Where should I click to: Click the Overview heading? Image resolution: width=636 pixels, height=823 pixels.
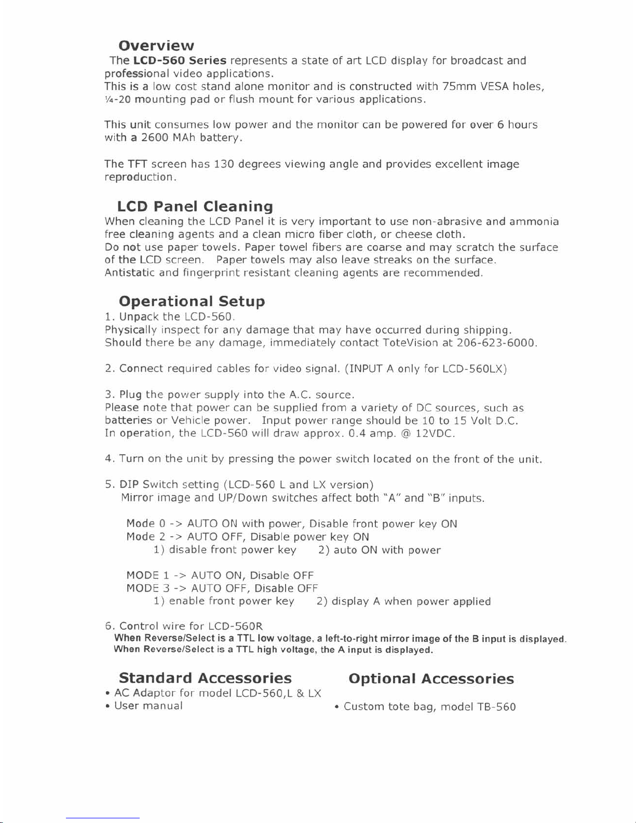[x=156, y=46]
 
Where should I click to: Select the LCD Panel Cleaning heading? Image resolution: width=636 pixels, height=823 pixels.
[x=195, y=207]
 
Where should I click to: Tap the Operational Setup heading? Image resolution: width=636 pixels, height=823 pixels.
[x=192, y=301]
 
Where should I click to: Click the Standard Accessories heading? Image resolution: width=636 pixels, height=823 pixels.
[x=205, y=678]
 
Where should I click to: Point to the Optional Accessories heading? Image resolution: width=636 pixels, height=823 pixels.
[x=431, y=679]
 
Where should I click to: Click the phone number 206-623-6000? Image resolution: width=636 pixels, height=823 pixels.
[x=496, y=343]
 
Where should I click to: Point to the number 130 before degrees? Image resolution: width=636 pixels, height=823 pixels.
[x=224, y=164]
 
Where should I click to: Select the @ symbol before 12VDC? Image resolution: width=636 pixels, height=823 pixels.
[x=406, y=433]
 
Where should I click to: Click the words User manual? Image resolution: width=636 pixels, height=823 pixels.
[x=148, y=706]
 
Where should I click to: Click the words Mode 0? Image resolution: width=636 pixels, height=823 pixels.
[x=145, y=523]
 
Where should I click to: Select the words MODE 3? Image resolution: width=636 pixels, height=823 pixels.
[x=148, y=588]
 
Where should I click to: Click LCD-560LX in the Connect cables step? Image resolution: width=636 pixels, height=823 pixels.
[x=474, y=369]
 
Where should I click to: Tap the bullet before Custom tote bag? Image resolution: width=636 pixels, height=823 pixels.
[x=337, y=707]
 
